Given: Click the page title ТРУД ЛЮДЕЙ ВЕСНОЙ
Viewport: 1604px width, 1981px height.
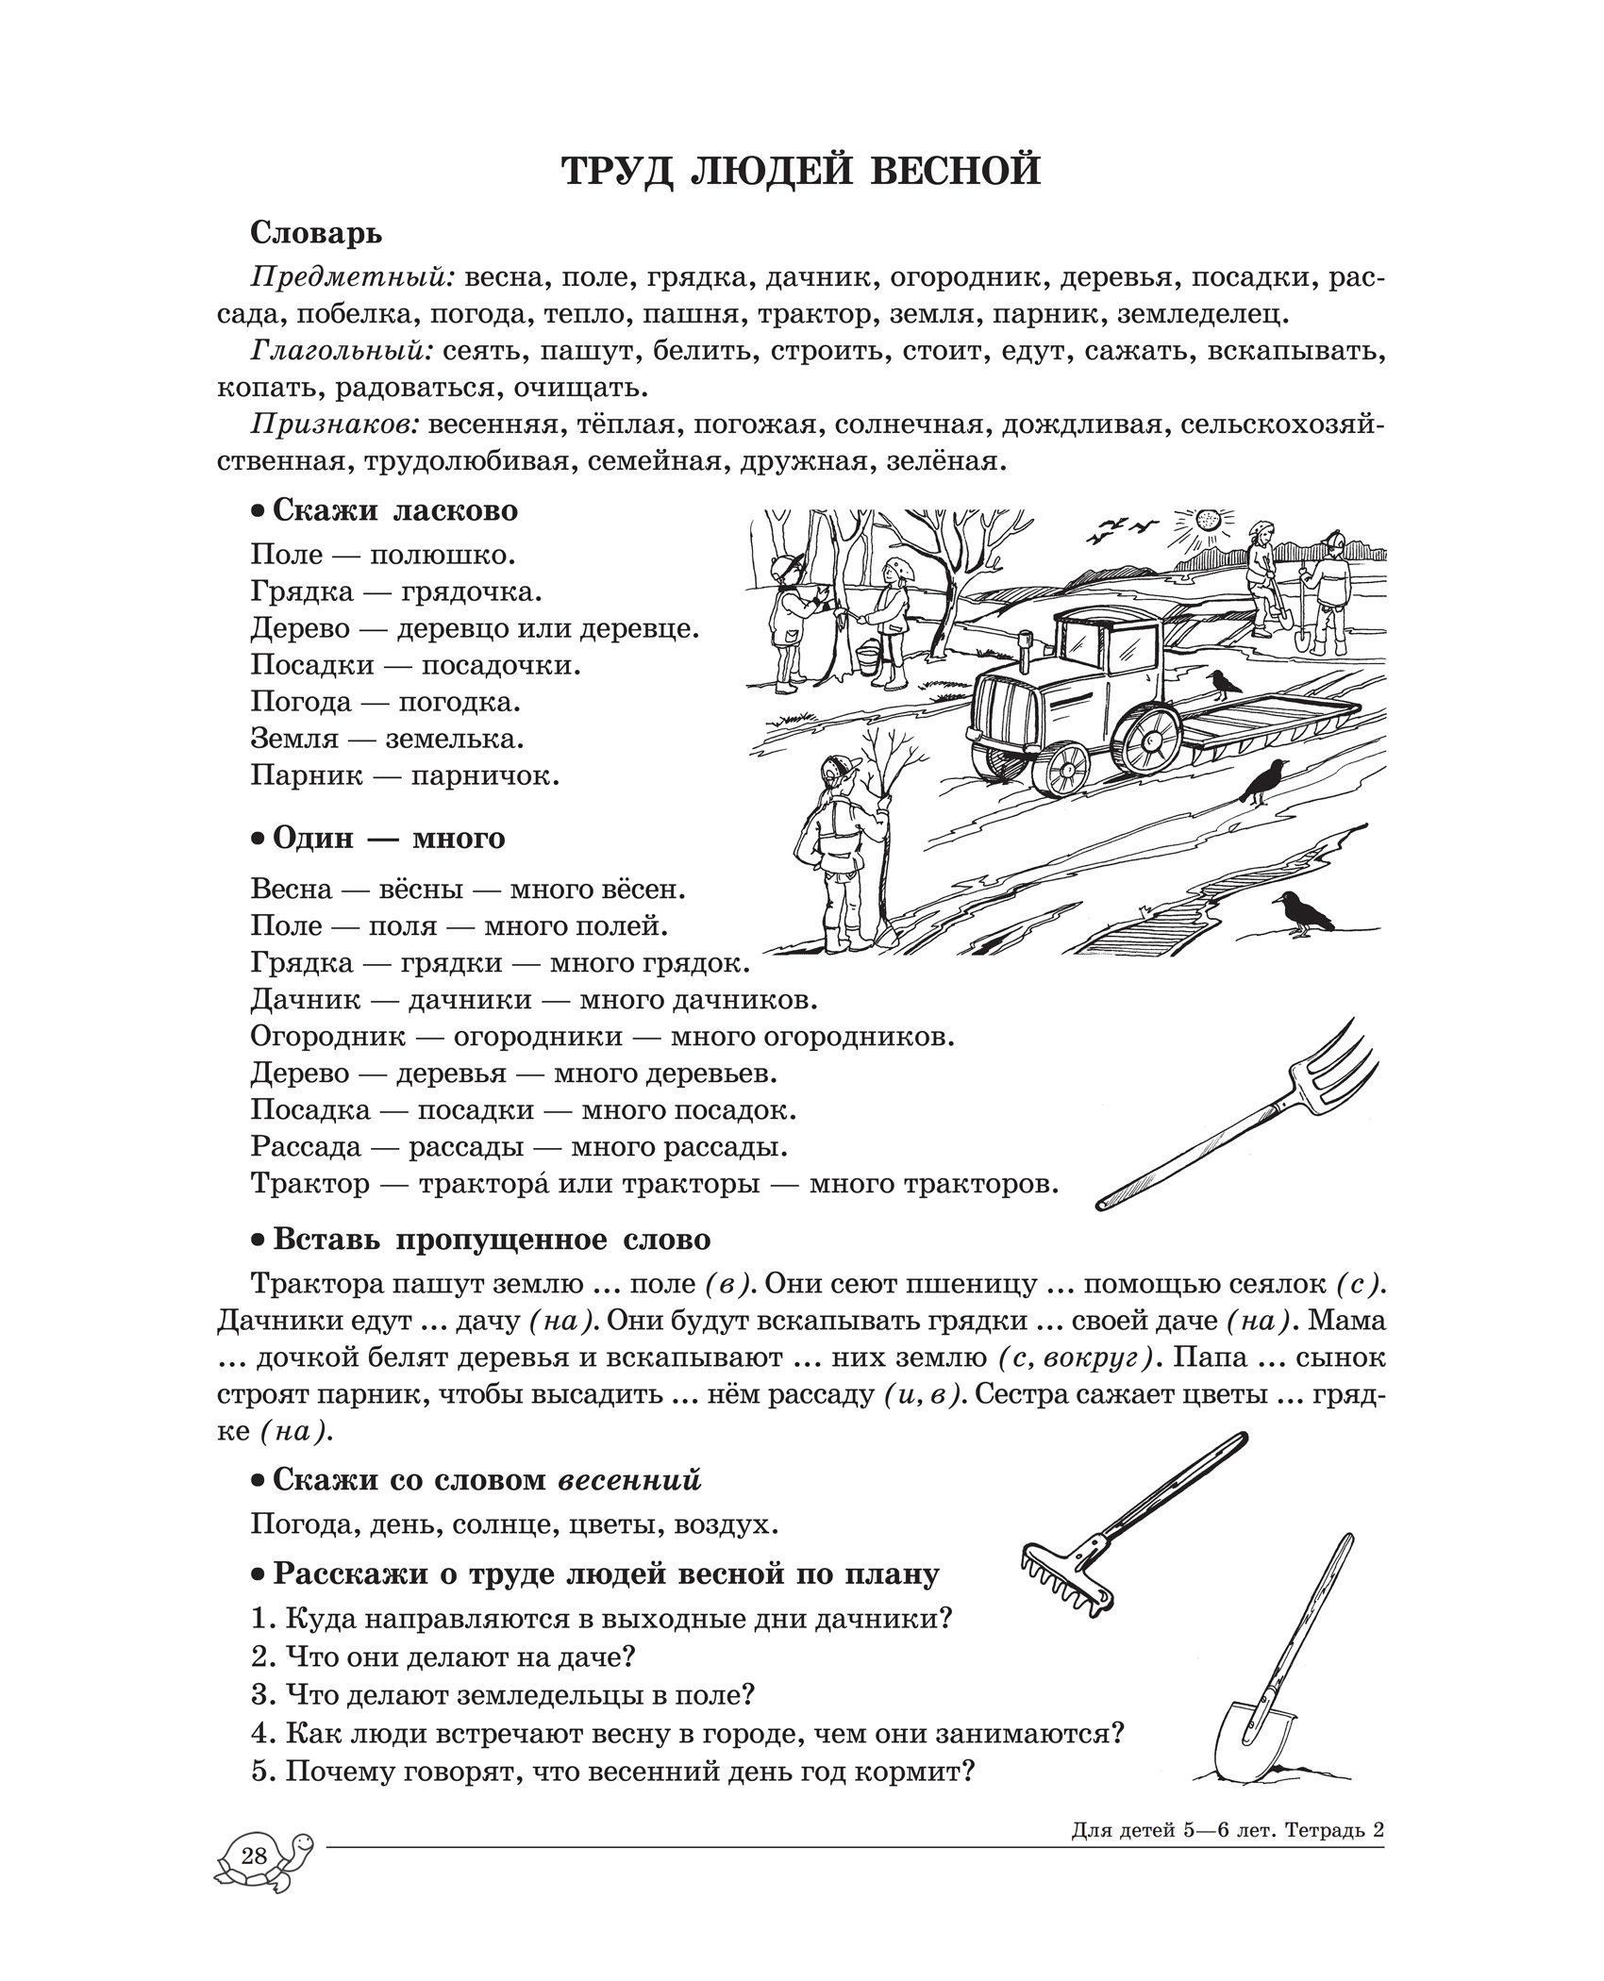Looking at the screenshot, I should click(801, 170).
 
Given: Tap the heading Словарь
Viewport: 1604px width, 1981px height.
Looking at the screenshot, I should click(317, 232).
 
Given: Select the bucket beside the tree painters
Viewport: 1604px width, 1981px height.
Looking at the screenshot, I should click(867, 658).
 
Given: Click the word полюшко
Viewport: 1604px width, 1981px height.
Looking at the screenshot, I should click(443, 555).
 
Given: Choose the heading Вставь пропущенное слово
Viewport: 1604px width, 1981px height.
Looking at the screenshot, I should click(491, 1239).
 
